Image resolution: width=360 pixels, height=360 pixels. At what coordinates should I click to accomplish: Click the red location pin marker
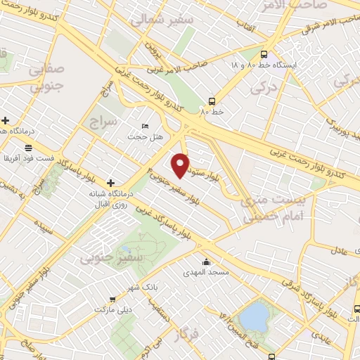coord(181,165)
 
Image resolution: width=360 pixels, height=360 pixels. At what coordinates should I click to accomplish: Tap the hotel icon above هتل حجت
coord(145,126)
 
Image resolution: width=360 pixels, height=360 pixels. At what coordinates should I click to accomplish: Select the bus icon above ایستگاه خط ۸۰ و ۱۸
coord(263,54)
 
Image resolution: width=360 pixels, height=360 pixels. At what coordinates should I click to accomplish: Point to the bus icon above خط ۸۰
coord(212,101)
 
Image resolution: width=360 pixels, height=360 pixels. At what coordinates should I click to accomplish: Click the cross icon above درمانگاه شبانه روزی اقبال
coord(110,183)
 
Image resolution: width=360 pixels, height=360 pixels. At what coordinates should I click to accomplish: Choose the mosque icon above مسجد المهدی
coord(205,262)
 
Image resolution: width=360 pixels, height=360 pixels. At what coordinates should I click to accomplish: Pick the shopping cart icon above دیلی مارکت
coord(112,300)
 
